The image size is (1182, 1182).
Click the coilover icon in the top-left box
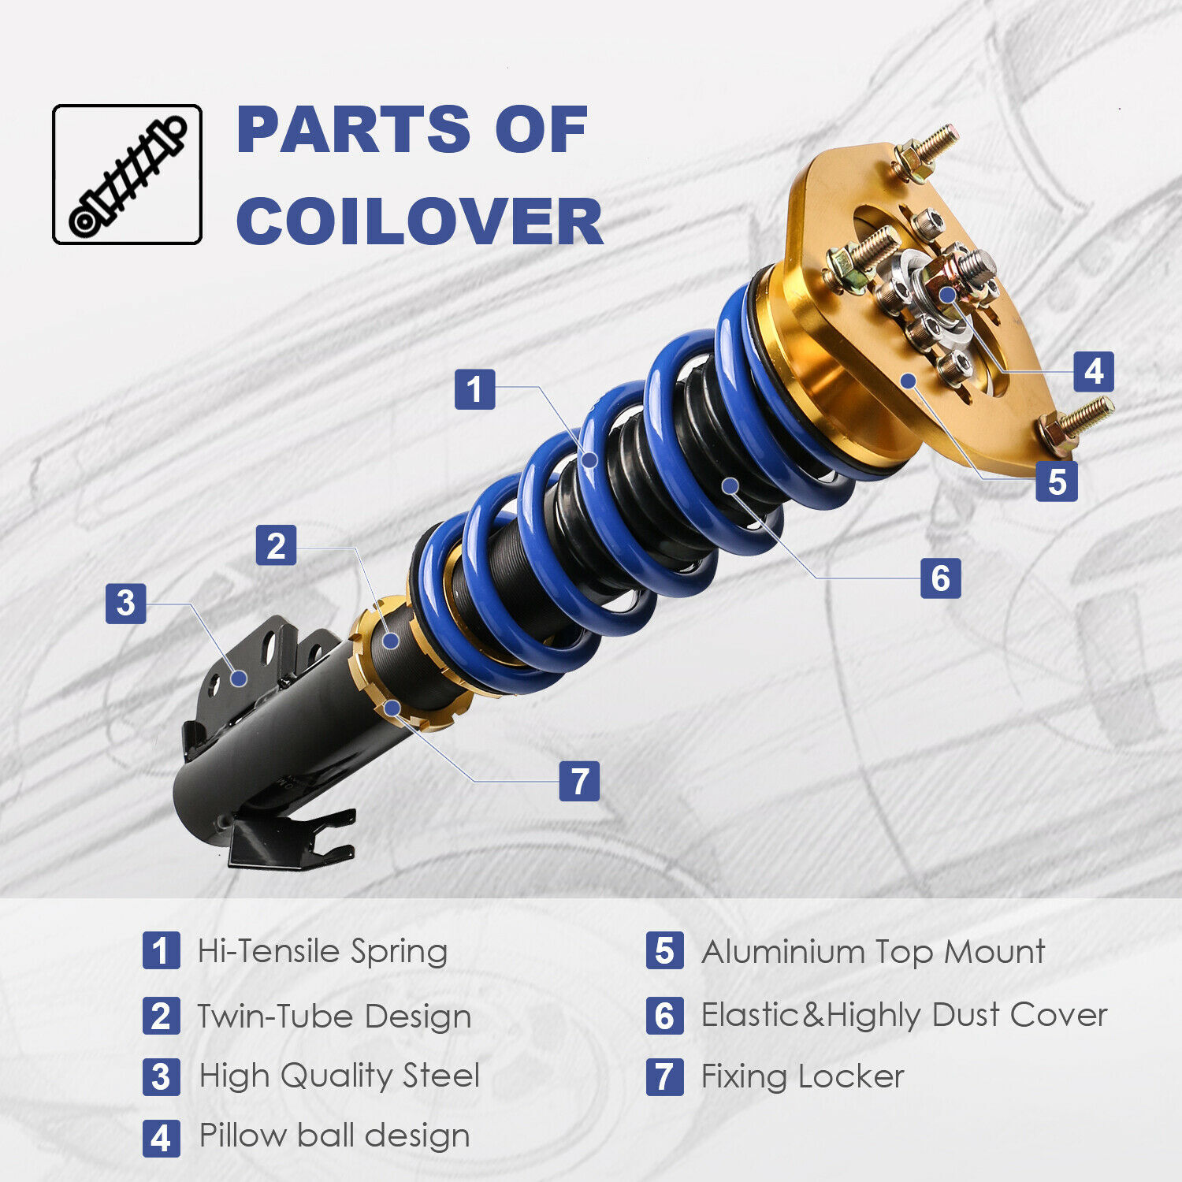click(127, 175)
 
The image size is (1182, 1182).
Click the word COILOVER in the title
click(419, 221)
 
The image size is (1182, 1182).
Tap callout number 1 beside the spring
click(474, 389)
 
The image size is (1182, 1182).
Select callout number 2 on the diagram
click(276, 545)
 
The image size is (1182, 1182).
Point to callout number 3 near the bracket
click(126, 604)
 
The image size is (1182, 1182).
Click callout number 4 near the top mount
click(1094, 371)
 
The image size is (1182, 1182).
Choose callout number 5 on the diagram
click(1056, 481)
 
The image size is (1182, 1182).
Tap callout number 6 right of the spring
click(940, 578)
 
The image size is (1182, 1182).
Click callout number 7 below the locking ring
click(579, 781)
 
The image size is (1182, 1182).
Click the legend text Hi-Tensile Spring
click(322, 951)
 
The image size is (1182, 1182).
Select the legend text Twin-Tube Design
click(334, 1016)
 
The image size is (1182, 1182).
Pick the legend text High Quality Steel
click(339, 1076)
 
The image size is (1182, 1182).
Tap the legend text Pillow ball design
click(334, 1136)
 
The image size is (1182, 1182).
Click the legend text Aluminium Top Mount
click(873, 952)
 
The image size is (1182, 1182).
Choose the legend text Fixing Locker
click(802, 1076)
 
